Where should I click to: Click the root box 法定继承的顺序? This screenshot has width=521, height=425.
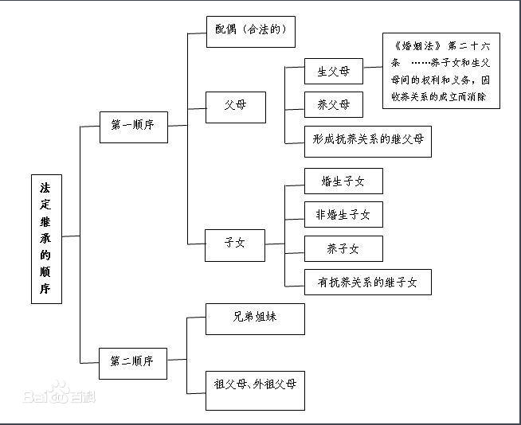point(46,238)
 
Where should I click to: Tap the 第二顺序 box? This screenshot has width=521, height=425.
point(134,363)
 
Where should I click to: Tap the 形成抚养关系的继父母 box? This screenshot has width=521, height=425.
point(368,139)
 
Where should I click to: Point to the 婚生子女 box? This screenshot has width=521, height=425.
point(343,181)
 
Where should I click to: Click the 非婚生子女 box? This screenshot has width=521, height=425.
point(343,214)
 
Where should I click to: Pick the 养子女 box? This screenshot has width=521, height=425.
point(343,248)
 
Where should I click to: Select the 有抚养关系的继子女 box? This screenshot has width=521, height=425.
point(368,282)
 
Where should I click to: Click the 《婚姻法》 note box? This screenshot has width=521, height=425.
point(441,71)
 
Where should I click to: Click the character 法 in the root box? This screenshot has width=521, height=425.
point(46,188)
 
